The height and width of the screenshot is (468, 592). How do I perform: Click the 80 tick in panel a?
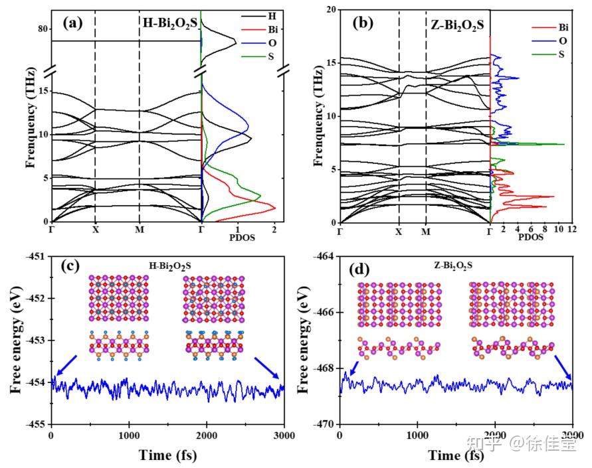tap(42, 29)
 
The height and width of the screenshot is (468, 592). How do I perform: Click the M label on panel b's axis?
tap(426, 232)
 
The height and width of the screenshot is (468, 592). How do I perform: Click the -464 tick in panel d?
tap(325, 256)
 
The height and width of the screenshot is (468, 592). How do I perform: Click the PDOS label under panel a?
tap(241, 236)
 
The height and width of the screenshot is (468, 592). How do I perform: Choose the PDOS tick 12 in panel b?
tap(572, 229)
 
